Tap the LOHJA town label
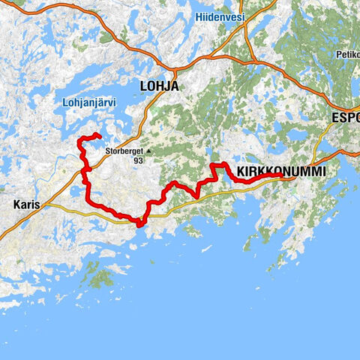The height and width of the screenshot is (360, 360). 159,86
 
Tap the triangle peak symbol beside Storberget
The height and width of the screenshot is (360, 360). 148,151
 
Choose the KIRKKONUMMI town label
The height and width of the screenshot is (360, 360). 281,172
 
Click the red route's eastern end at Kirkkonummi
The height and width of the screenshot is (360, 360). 281,178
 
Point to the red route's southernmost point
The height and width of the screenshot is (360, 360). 140,223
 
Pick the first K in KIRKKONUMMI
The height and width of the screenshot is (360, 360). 241,172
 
